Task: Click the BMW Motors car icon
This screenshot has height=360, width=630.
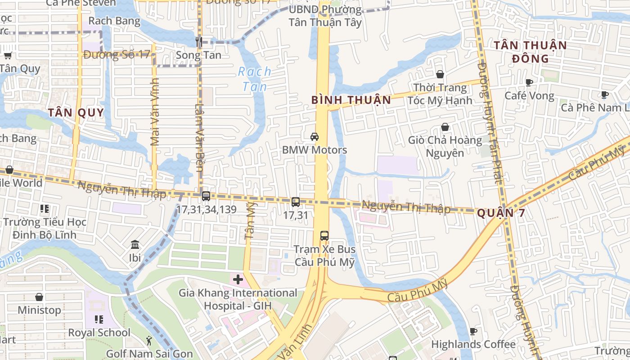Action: coord(315,137)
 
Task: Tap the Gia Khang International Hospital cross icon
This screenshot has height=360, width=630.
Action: coord(238,279)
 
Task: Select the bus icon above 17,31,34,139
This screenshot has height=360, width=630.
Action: coord(206,196)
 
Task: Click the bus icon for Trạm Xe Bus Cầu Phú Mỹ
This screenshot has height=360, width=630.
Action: coord(324,235)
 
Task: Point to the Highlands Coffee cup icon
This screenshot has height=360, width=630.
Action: coord(473,331)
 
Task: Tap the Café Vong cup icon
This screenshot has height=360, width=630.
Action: coord(529,82)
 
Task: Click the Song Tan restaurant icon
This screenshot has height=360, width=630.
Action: coord(198,42)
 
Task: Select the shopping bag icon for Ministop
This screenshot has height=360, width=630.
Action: coord(39,297)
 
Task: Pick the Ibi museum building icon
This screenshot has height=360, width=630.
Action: coord(135,245)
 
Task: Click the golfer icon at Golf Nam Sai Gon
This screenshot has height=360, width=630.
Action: coord(149,341)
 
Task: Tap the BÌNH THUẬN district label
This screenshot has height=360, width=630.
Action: coord(351,100)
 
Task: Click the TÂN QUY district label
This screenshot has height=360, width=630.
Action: coord(76,112)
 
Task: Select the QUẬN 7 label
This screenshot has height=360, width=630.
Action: coord(500,213)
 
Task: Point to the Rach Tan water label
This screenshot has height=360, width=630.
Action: coord(255,79)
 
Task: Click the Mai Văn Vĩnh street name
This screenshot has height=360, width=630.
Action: coord(155,112)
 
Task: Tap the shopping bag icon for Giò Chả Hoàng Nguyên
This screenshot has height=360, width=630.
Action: coord(445,127)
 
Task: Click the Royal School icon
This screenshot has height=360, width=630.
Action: coord(99,319)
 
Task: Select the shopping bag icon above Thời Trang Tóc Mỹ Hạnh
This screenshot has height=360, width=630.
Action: coord(440,74)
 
